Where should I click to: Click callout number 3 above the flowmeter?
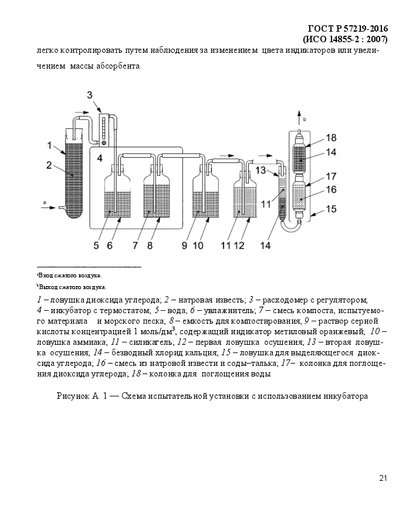click(x=90, y=95)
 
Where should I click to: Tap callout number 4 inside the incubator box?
click(x=100, y=158)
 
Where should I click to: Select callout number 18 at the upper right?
click(x=331, y=138)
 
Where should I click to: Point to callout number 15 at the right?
click(x=331, y=209)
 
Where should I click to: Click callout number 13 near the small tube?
click(x=261, y=170)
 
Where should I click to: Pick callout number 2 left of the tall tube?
click(x=49, y=165)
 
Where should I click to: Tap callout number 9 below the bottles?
click(x=184, y=246)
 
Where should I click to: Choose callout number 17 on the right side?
click(x=331, y=176)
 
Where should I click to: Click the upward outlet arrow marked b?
click(x=299, y=118)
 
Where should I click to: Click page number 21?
click(x=383, y=478)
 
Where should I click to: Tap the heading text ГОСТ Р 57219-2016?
click(x=348, y=29)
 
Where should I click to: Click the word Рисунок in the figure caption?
click(x=73, y=396)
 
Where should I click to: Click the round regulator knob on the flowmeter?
click(x=104, y=142)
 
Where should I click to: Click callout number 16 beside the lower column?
click(x=331, y=189)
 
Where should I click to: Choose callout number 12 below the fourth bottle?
click(x=239, y=246)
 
